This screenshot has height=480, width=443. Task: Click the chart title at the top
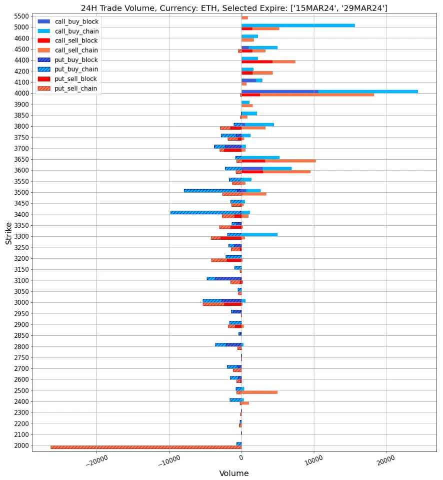point(233,8)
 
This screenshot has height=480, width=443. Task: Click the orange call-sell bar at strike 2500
point(260,392)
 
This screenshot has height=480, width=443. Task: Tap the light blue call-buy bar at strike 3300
point(260,234)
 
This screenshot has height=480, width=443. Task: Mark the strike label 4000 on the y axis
point(21,93)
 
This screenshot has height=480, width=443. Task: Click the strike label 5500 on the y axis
point(21,16)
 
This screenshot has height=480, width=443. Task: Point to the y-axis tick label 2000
point(21,445)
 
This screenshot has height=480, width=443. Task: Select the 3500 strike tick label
point(21,192)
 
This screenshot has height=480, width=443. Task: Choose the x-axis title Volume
point(233,473)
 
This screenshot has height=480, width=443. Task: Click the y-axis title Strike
point(8,233)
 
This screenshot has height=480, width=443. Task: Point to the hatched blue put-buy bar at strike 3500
point(210,190)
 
